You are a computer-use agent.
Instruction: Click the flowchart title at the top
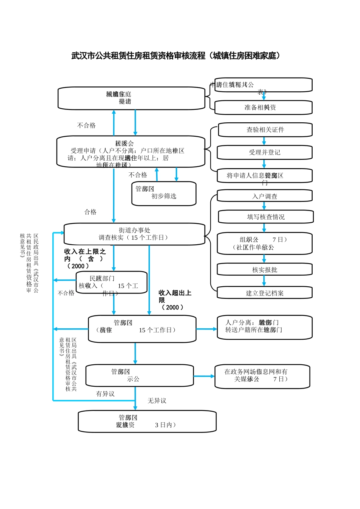(176, 56)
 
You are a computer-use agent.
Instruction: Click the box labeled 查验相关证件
(265, 130)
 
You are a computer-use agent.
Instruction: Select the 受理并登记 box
(265, 153)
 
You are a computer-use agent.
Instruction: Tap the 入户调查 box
(265, 196)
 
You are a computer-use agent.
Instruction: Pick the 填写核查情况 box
(265, 217)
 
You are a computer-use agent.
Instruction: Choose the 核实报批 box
(265, 270)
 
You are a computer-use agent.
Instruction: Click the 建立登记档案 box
(265, 293)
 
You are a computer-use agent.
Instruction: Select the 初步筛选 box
(164, 194)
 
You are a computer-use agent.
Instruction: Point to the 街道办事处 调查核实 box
(135, 234)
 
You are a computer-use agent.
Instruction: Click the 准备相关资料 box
(263, 108)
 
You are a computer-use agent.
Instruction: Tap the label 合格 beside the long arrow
(90, 212)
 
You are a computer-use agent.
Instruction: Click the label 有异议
(105, 394)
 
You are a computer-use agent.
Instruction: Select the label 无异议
(157, 401)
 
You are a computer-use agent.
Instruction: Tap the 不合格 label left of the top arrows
(86, 125)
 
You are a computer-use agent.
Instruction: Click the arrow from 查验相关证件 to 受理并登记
(264, 141)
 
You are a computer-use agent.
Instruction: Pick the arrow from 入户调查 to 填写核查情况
(264, 206)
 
